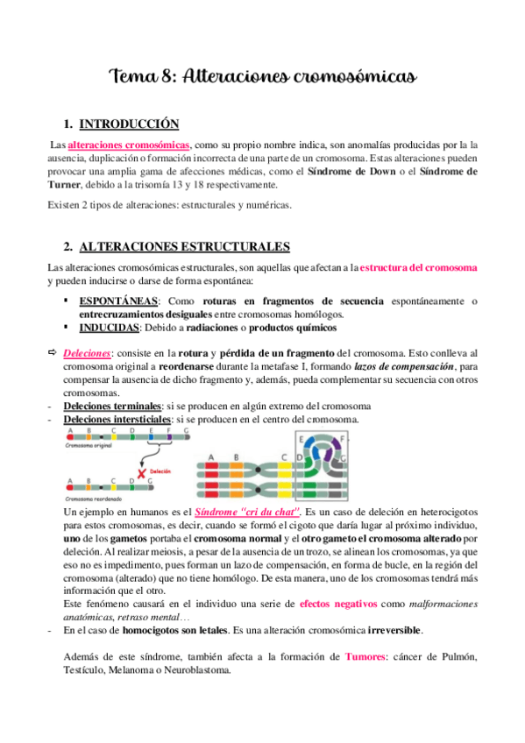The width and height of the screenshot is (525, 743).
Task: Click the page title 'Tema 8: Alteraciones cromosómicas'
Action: pos(261,77)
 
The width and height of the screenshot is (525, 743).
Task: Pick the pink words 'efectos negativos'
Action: pos(339,604)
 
